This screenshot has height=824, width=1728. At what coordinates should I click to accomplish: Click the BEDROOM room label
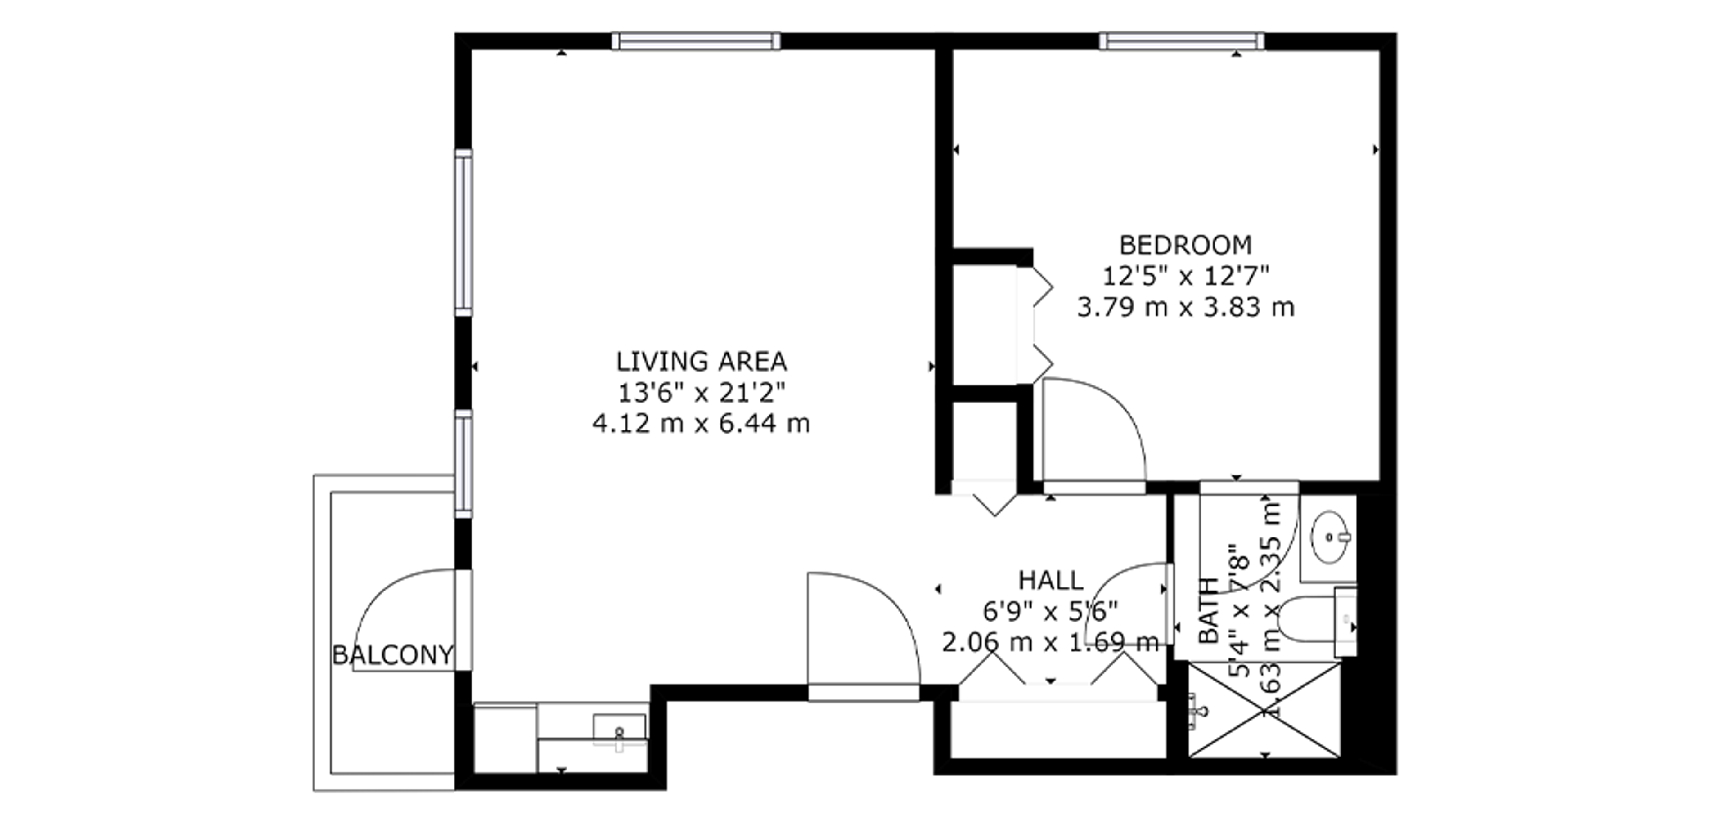coord(1185,246)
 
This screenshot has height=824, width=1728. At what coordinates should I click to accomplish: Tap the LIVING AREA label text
coord(702,362)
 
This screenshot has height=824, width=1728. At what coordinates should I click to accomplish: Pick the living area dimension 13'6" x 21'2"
coord(702,393)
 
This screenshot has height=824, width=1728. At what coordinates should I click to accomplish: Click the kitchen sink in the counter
coord(619,733)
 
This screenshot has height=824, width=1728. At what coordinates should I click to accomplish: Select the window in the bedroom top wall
coord(1182,41)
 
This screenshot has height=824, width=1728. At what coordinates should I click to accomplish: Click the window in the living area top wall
coord(696,41)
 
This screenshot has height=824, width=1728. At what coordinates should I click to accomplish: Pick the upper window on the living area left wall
coord(463,232)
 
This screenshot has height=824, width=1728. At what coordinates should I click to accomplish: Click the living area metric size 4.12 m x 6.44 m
coord(702,424)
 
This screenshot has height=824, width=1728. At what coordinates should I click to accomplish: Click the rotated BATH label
coord(1209,611)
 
